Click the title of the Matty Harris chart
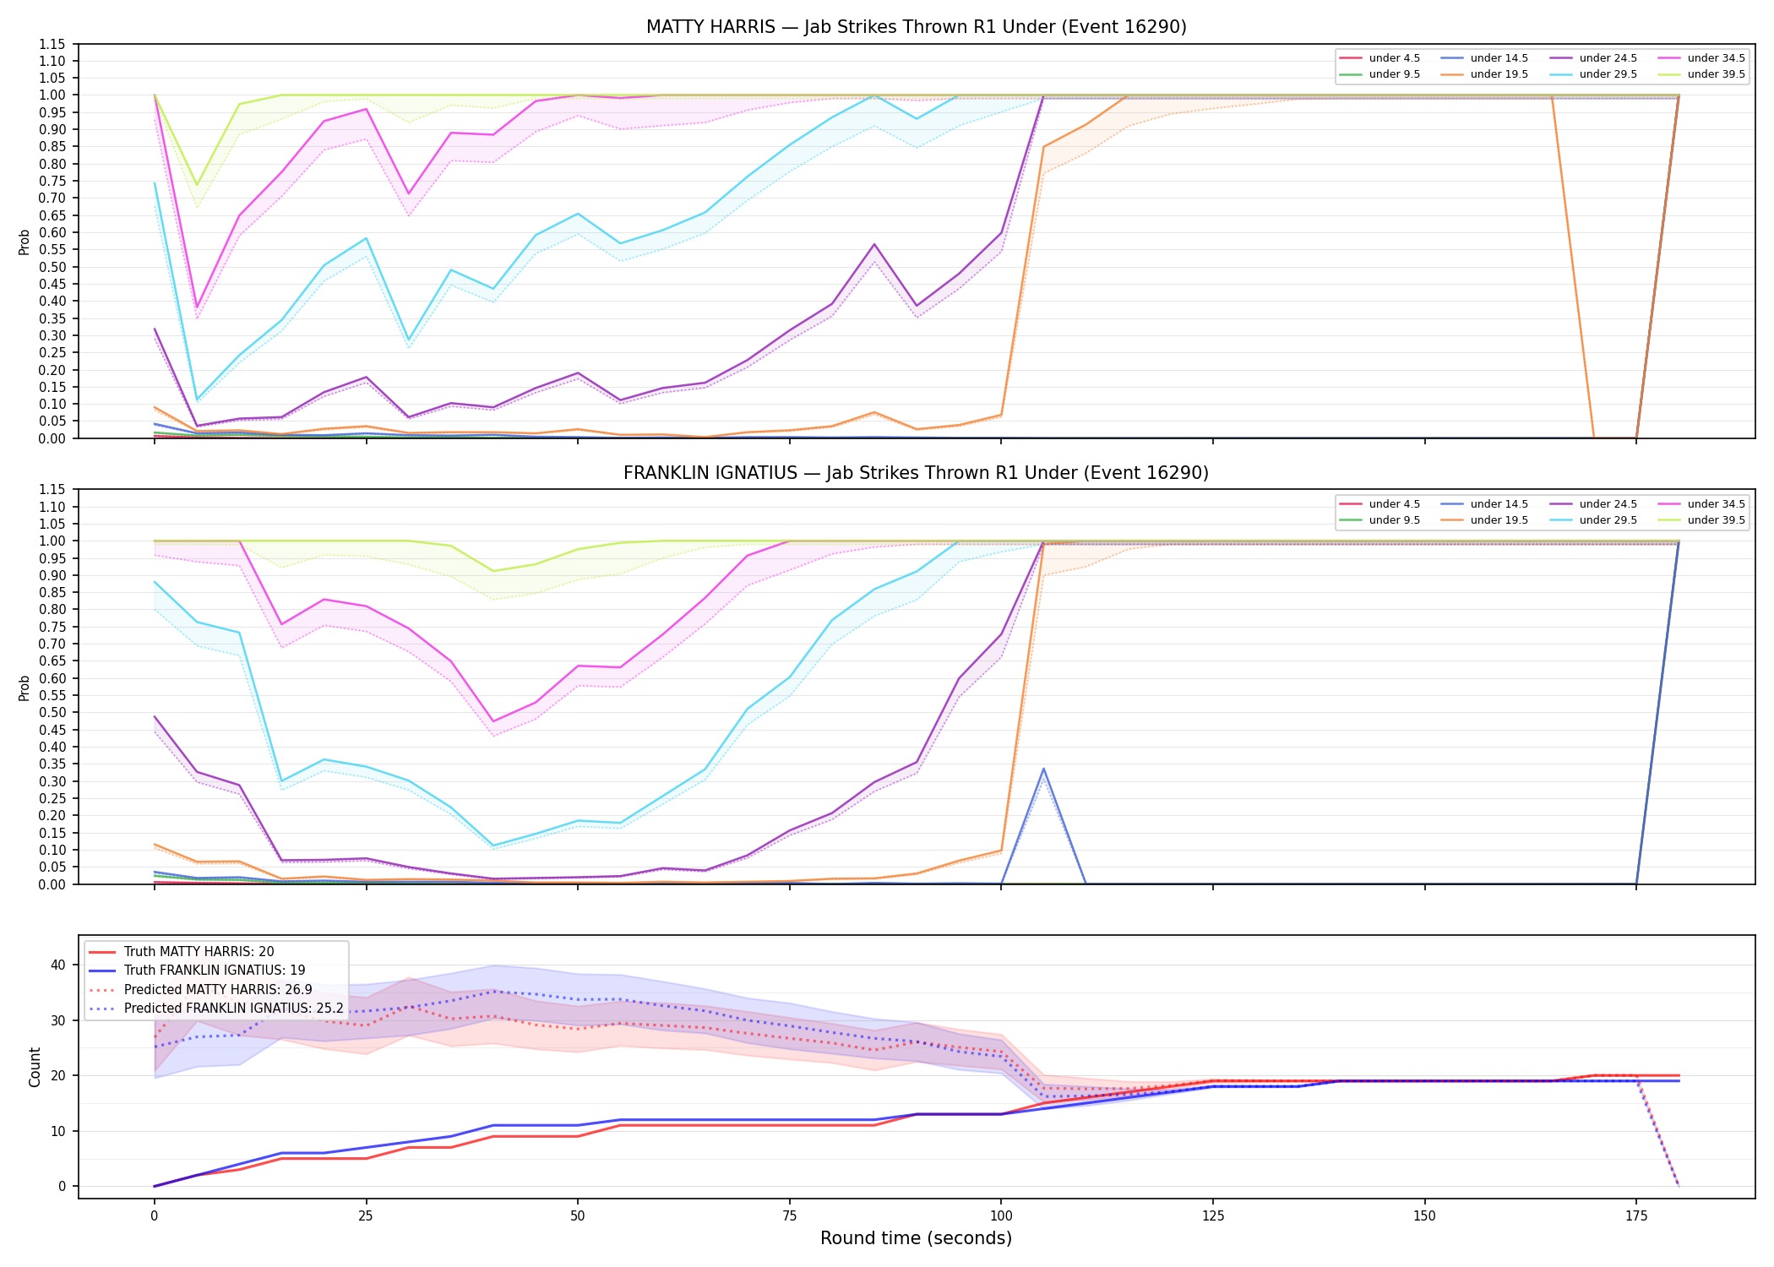click(x=916, y=27)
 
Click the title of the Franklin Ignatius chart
click(x=916, y=473)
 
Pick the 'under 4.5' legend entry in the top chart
click(x=1380, y=58)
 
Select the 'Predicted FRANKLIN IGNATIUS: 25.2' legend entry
click(x=216, y=1009)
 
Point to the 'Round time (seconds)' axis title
click(x=916, y=1238)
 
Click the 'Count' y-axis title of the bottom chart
click(x=35, y=1067)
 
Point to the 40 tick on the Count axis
click(x=59, y=965)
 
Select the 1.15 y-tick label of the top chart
click(x=54, y=44)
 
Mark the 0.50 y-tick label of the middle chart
click(x=54, y=713)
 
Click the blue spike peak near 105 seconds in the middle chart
click(x=1043, y=769)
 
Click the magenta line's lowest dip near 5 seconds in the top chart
click(x=197, y=307)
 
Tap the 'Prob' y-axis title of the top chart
click(x=24, y=242)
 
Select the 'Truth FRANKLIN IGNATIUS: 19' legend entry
click(x=196, y=971)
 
